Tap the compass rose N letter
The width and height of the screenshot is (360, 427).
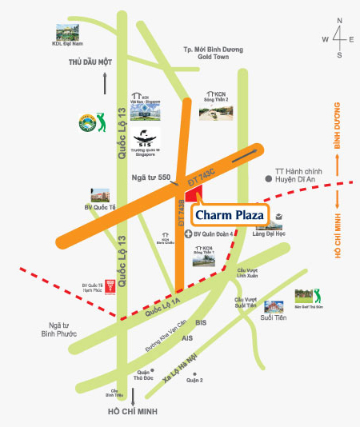click(340, 22)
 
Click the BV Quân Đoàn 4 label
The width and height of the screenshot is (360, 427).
click(219, 234)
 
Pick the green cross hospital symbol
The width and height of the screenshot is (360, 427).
click(188, 234)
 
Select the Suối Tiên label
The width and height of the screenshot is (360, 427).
click(273, 317)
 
